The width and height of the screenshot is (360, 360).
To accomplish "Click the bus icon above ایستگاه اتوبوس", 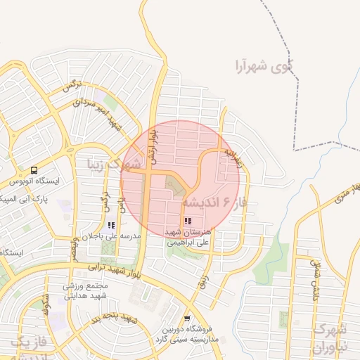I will tap(34, 171).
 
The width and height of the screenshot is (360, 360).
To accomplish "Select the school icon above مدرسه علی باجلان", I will tap(111, 225).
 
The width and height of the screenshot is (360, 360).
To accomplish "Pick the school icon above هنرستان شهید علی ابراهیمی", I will tap(187, 221).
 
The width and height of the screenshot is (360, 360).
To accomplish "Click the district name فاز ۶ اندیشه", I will tap(211, 202).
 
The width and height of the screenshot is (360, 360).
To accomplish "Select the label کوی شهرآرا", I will tap(264, 67).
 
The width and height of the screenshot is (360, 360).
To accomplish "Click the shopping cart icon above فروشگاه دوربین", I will tap(186, 319).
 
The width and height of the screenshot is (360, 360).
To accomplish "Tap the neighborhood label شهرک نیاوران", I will tap(330, 337).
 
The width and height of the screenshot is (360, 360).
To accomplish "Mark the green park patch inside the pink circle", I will tap(176, 186).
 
